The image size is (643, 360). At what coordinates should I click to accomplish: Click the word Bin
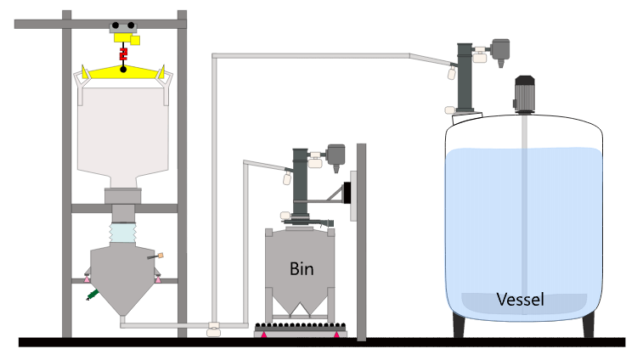click(x=302, y=270)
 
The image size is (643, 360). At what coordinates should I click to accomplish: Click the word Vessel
click(x=520, y=299)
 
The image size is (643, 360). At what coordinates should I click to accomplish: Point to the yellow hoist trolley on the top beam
click(x=123, y=33)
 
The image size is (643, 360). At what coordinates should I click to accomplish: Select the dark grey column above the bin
click(x=301, y=183)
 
